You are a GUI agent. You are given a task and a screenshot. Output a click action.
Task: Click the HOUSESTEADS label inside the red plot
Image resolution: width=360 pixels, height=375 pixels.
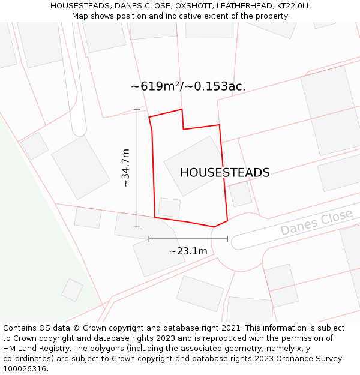pos(224,173)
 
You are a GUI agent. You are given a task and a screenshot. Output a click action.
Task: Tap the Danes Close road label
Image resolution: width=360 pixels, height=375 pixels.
pos(316,223)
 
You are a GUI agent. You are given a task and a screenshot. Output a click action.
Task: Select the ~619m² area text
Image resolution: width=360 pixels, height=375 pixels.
pos(157,86)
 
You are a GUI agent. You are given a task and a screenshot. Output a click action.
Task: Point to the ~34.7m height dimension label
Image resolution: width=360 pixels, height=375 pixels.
pos(125,168)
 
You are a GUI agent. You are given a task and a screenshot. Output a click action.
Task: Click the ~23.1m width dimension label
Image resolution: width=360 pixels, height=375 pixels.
pos(188,251)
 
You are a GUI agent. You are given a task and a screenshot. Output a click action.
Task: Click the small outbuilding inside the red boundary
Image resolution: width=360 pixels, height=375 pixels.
pos(169,207)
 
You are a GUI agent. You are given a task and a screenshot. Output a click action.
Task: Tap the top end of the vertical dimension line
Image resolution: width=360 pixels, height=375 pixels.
pos(137,109)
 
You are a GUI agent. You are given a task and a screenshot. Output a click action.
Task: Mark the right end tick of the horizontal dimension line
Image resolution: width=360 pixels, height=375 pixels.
pos(227,239)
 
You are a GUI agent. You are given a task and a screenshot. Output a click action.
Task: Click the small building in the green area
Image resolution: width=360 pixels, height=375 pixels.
pos(72,290)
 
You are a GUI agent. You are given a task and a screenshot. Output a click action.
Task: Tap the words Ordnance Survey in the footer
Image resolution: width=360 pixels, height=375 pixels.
pos(314,358)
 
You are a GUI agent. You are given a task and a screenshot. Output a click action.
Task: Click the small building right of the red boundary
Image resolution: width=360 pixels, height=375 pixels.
pos(241,194)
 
